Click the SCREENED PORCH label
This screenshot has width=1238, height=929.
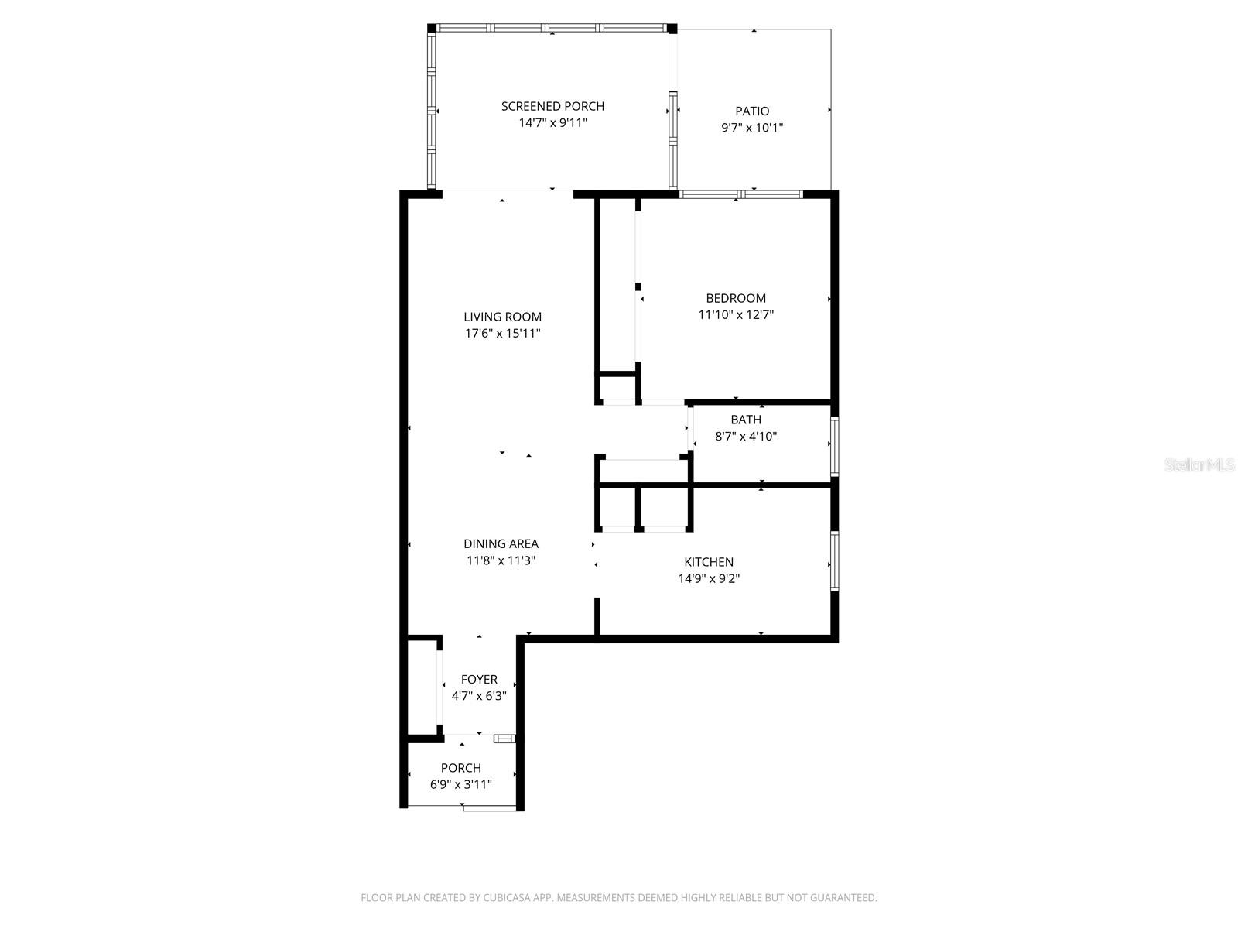pos(552,106)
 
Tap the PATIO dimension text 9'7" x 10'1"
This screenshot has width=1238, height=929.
pos(752,128)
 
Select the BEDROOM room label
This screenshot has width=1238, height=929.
pos(736,298)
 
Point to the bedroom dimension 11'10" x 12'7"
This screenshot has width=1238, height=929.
pos(736,315)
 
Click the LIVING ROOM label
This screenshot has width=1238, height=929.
pos(502,317)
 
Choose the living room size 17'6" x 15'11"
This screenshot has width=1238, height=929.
pos(502,334)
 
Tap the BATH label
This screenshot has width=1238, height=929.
pos(746,420)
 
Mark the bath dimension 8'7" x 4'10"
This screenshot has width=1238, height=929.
pos(746,437)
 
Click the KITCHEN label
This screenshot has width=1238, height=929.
pos(709,562)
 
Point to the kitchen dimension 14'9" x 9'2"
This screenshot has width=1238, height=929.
pos(709,578)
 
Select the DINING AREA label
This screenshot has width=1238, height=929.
pos(501,544)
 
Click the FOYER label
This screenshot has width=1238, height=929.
pos(479,680)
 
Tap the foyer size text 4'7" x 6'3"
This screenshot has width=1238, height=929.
pos(479,696)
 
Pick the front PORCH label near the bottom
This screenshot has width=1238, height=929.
pos(461,768)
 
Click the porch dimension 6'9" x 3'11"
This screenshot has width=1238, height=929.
pos(461,784)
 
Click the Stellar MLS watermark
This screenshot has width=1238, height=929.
pos(1199,465)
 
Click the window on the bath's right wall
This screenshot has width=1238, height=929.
pos(834,447)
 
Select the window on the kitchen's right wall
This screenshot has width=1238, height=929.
pos(834,561)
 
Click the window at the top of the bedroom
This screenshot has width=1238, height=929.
pos(740,194)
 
